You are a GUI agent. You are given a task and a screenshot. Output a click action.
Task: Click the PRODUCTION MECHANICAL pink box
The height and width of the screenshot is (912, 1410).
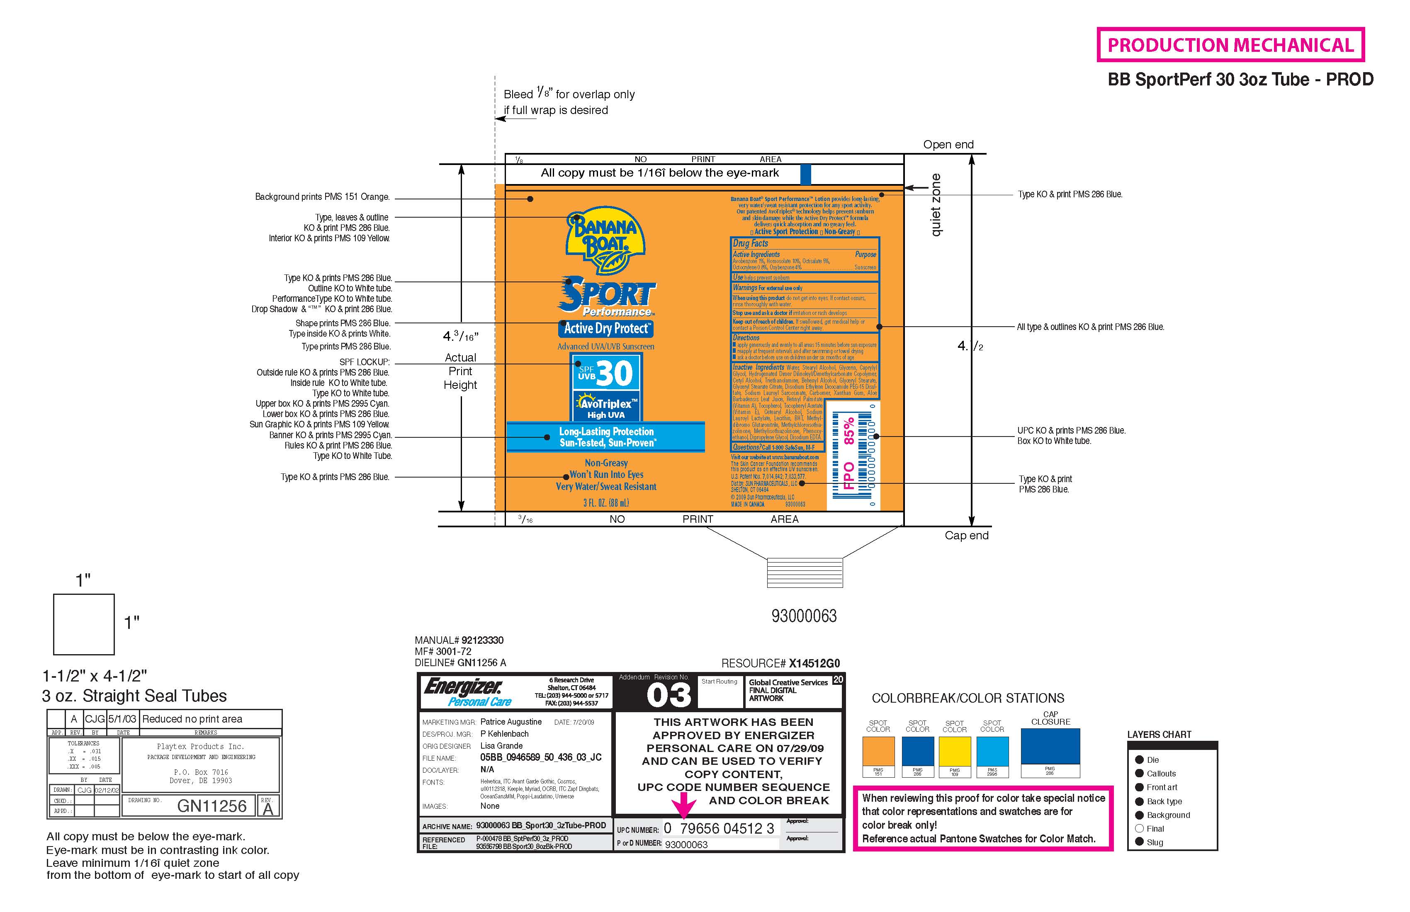point(1230,45)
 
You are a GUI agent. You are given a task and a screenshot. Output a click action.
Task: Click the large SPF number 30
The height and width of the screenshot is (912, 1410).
point(614,373)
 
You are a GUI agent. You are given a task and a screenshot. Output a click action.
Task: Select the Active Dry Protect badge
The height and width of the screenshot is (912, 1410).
point(606,329)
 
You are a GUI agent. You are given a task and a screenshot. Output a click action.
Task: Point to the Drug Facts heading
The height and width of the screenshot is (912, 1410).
point(750,243)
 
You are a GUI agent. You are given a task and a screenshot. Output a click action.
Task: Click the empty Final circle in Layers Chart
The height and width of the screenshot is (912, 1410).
point(1139,829)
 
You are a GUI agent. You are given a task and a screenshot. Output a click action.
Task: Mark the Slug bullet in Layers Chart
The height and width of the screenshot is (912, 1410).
point(1139,842)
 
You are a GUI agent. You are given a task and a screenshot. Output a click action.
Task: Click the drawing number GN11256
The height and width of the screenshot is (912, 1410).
point(211,806)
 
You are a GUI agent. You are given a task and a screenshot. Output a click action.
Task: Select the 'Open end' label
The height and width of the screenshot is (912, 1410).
point(948,145)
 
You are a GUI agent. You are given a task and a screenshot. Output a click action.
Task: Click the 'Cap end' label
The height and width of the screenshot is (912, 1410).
point(966,535)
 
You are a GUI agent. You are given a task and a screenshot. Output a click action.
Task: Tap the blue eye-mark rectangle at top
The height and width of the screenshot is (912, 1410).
point(805,175)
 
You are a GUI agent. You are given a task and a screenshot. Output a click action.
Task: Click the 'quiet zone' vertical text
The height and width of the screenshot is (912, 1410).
point(936,205)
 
